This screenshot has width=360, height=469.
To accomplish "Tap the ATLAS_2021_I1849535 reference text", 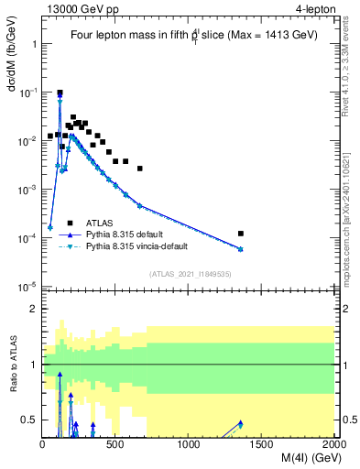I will coord(190,273).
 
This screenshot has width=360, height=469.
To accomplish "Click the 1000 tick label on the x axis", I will coord(189,446).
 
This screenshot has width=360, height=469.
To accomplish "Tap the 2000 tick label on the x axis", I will coord(333,446).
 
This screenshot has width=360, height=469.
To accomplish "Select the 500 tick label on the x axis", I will coord(115,446).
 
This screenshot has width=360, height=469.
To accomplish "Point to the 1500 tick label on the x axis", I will coord(262,446).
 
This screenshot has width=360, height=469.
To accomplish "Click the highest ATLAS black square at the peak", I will coord(60,93).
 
